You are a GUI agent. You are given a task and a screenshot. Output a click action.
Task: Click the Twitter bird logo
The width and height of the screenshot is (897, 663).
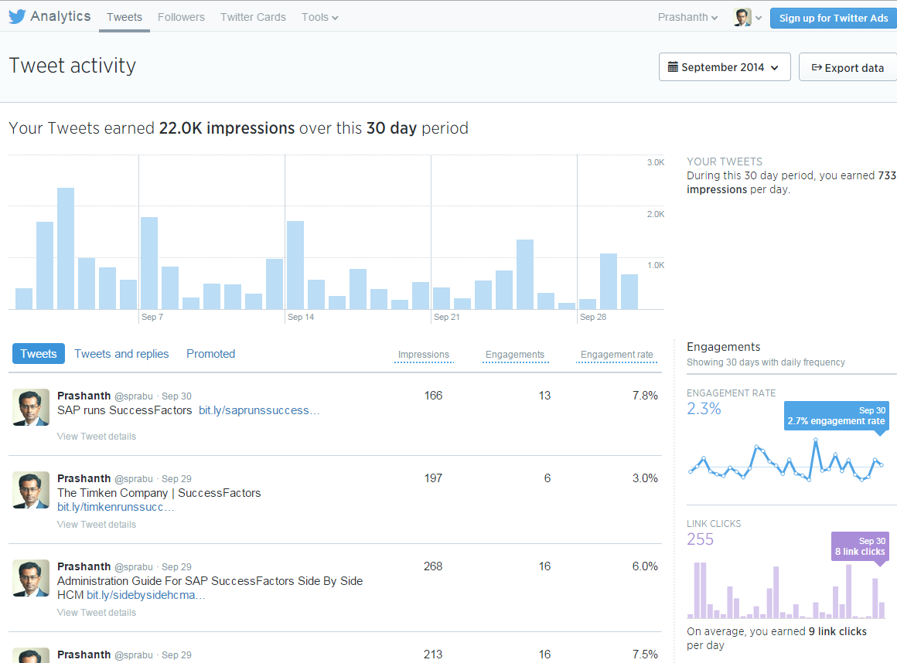point(17,16)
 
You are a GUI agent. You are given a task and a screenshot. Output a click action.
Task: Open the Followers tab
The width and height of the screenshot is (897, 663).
point(181,17)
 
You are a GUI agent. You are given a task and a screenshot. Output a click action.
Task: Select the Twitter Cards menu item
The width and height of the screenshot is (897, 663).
point(253,17)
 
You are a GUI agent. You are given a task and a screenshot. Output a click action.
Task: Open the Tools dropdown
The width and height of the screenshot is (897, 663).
point(319,17)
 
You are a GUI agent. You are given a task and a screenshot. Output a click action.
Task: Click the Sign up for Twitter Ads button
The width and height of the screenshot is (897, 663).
point(833,18)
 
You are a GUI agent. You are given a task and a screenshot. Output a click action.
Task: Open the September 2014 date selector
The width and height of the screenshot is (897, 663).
point(724,67)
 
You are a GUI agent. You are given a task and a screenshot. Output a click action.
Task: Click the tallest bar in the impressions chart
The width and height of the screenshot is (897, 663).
point(66,247)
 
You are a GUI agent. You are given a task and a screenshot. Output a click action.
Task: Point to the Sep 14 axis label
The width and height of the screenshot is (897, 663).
point(300,317)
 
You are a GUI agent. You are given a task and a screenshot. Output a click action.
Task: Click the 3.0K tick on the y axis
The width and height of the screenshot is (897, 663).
point(655,162)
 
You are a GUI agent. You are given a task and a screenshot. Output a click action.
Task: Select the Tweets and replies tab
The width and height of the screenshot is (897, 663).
point(121,354)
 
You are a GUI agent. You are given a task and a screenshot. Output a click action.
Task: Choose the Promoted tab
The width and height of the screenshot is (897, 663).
point(210,354)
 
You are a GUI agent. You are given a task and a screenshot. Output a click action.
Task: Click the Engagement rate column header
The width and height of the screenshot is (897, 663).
point(616,355)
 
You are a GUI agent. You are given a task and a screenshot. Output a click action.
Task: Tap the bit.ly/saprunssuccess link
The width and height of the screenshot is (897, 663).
point(259,410)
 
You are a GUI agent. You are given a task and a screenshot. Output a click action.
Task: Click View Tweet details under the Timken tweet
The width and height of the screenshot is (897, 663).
point(97,525)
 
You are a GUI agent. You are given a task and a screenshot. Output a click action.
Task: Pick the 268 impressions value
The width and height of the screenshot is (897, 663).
point(433,566)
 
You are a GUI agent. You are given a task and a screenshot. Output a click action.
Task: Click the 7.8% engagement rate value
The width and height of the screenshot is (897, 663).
point(644,396)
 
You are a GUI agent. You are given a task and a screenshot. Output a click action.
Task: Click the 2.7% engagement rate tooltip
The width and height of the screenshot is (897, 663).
point(836,416)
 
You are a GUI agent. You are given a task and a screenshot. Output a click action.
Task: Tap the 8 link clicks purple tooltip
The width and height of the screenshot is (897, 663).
point(859,546)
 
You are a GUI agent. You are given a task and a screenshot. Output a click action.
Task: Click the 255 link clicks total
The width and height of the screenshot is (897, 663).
point(700,539)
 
